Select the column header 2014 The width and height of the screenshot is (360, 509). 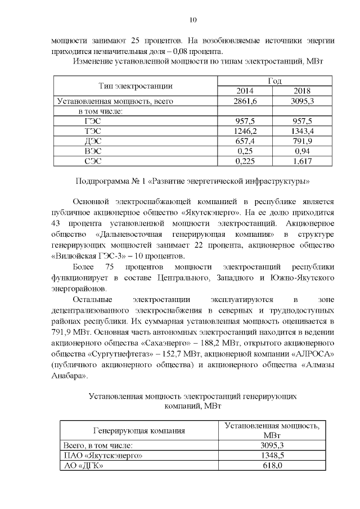point(244,91)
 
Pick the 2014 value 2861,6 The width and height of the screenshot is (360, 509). point(244,101)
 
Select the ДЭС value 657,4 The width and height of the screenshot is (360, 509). point(244,141)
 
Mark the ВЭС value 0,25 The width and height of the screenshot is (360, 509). point(244,151)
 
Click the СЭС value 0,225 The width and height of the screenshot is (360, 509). point(244,161)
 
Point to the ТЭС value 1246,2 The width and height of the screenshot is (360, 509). point(244,131)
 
